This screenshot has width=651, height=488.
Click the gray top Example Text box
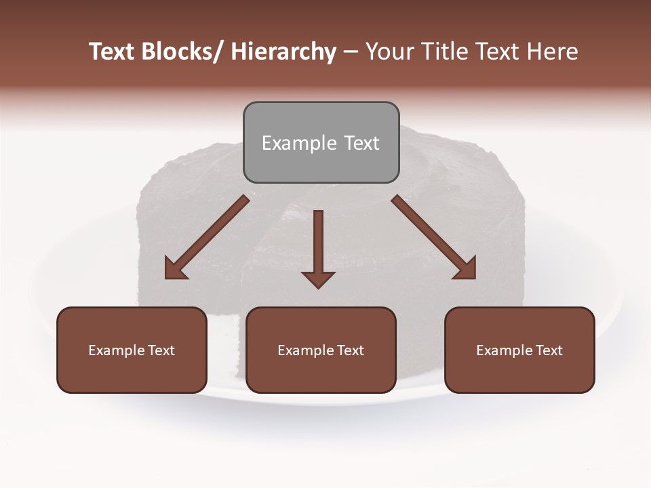coord(321,142)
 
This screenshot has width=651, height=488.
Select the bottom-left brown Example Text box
coord(132,350)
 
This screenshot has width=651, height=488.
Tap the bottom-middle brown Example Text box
coord(321,350)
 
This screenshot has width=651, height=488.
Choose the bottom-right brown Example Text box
coord(519,350)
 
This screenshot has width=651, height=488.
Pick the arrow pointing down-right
coord(434,237)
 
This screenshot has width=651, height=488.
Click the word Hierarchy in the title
coord(283,52)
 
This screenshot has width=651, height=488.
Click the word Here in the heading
coord(551,52)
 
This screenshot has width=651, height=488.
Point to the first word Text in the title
coord(113,52)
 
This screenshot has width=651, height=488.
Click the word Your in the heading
coord(389,52)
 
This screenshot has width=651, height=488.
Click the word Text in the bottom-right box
coord(549,350)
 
